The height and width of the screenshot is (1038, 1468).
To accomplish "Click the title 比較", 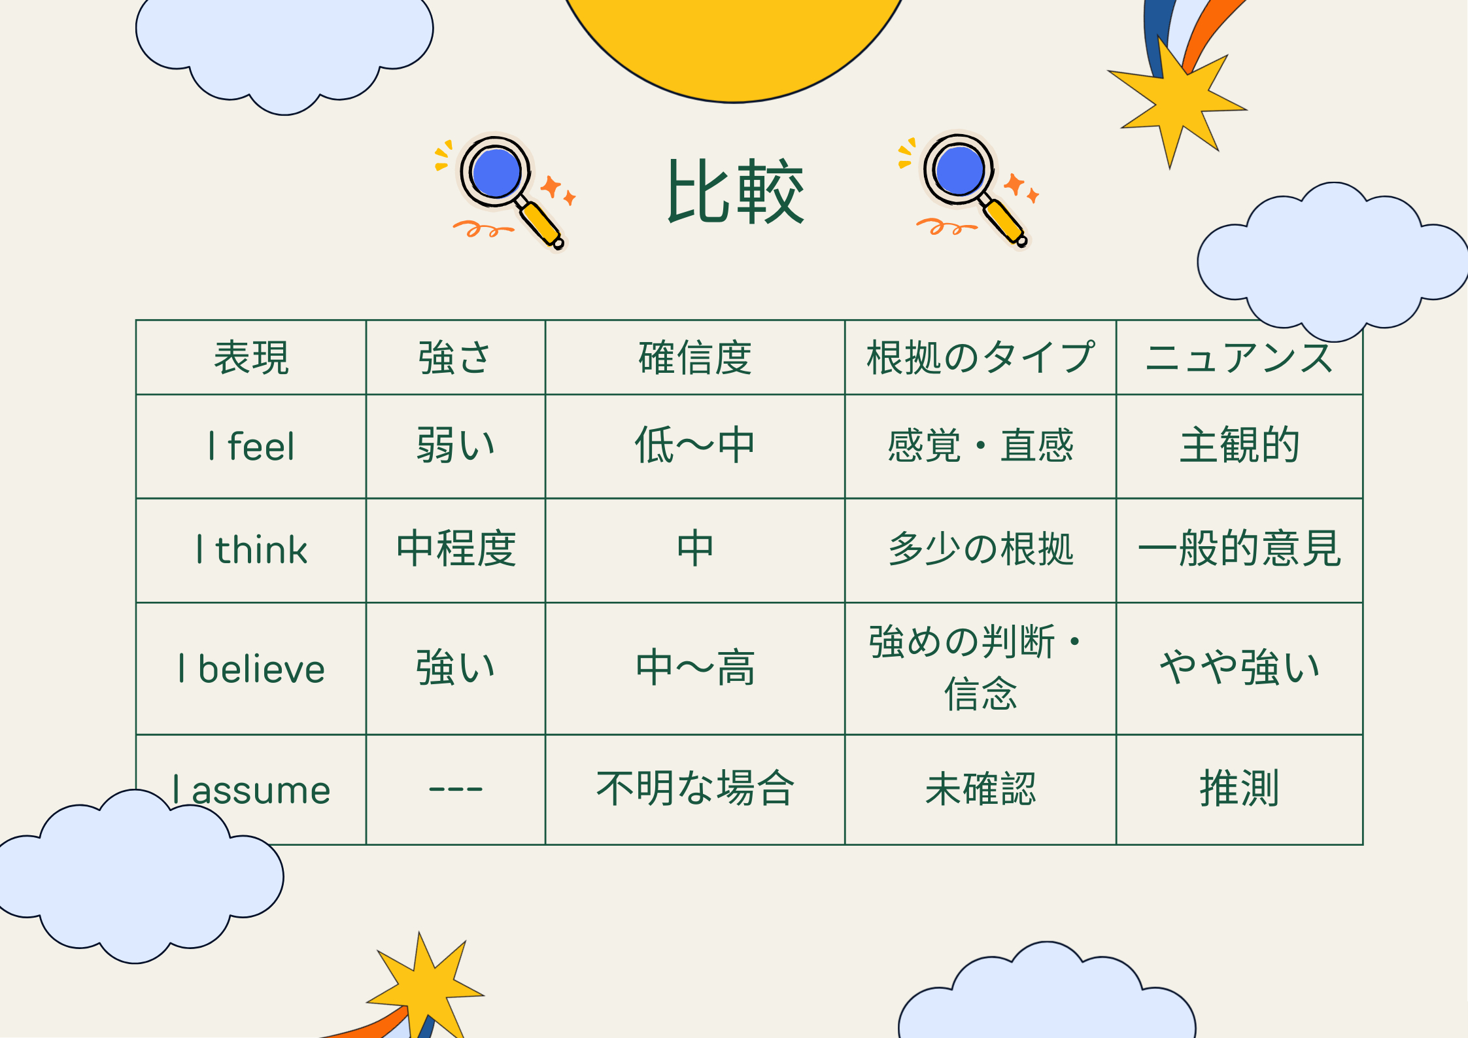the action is click(x=735, y=191).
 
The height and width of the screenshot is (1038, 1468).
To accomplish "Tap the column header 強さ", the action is click(x=455, y=358).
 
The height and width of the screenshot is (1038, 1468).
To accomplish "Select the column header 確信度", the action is click(x=695, y=358).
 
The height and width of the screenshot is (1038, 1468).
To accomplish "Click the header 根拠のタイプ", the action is click(x=980, y=358).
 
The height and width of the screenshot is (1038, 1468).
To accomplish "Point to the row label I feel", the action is click(x=251, y=446).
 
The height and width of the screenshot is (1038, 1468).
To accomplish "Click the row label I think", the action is click(x=251, y=549).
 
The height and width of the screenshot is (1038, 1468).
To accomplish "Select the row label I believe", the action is click(x=251, y=668).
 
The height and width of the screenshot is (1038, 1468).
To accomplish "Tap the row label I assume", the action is click(x=251, y=789).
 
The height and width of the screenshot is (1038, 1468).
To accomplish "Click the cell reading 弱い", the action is click(x=455, y=445).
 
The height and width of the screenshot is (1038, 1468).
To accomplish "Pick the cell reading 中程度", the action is click(x=456, y=548).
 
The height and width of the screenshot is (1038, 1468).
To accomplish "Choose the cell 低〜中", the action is click(x=695, y=445).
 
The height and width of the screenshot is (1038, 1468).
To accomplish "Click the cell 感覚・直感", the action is click(x=980, y=445).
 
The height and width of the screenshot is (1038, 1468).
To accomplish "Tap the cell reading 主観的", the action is click(x=1239, y=445).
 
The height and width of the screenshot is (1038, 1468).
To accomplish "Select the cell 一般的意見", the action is click(x=1239, y=548).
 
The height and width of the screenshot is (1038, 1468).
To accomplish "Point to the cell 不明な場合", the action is click(x=695, y=788).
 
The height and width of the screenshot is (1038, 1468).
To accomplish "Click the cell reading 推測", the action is click(x=1239, y=788).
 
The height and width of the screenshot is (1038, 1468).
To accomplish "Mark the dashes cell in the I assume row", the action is click(x=455, y=789).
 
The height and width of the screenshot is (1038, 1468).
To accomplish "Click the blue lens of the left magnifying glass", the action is click(x=496, y=173).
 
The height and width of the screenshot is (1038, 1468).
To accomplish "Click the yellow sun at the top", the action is click(x=734, y=39).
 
